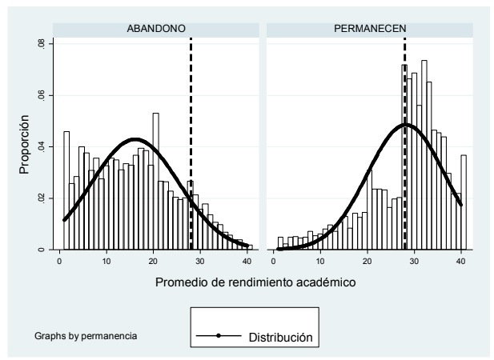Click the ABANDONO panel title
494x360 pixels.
click(x=157, y=29)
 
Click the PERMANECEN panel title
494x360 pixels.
click(x=372, y=29)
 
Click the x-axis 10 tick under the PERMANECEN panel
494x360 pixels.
click(x=321, y=261)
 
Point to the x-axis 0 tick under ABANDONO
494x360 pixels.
click(x=59, y=261)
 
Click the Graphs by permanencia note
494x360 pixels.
click(x=86, y=334)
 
